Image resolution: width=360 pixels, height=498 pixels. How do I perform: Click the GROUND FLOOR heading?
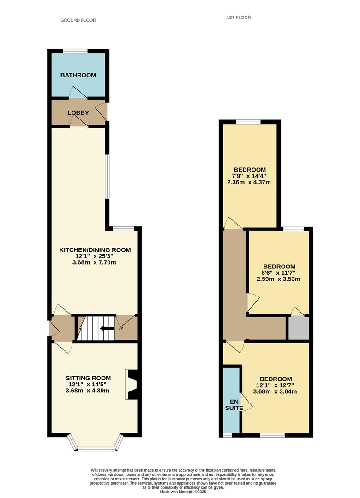(x=78, y=20)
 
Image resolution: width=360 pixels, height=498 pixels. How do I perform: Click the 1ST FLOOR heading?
(x=239, y=18)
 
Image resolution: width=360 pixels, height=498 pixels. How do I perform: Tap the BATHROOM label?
(x=78, y=75)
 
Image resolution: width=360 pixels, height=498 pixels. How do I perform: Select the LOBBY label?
(x=78, y=113)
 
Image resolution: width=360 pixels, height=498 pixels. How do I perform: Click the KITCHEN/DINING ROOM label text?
(x=95, y=250)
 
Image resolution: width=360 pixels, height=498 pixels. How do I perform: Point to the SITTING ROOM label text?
(x=89, y=378)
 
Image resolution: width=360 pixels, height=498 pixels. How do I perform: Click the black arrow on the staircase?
(x=107, y=328)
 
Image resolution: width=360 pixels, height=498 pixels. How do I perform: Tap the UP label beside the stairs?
(x=120, y=328)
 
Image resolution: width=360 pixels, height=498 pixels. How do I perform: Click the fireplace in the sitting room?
(x=132, y=384)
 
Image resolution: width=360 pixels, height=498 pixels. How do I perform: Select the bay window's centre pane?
(x=98, y=449)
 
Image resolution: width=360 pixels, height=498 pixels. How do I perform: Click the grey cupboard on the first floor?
(x=298, y=328)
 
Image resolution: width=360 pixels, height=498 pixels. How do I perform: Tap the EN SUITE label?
(x=234, y=405)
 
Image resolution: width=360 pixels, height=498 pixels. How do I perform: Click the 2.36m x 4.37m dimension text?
(x=249, y=182)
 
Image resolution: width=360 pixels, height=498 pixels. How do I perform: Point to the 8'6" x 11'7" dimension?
(x=279, y=273)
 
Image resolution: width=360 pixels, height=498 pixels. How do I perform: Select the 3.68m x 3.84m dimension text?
(x=275, y=391)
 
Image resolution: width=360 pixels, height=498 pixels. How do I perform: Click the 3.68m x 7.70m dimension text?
(x=95, y=263)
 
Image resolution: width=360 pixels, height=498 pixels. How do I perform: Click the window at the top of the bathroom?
(x=75, y=51)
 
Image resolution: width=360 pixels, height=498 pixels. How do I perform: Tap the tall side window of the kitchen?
(x=108, y=177)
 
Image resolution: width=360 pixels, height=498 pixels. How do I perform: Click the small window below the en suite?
(x=227, y=435)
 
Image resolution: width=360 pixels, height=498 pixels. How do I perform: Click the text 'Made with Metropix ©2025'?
(x=183, y=492)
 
